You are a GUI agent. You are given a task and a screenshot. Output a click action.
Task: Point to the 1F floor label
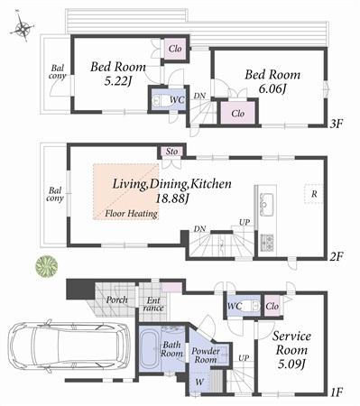coord(337,393)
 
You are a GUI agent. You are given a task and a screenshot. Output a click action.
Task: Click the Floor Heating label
coord(132,214)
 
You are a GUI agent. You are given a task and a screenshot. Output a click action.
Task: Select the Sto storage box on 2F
coord(171,152)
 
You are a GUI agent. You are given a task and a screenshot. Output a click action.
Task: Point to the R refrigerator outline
coord(313,194)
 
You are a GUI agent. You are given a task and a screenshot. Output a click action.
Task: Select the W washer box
coord(199,381)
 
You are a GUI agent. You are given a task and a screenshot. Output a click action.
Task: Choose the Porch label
coord(116,300)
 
